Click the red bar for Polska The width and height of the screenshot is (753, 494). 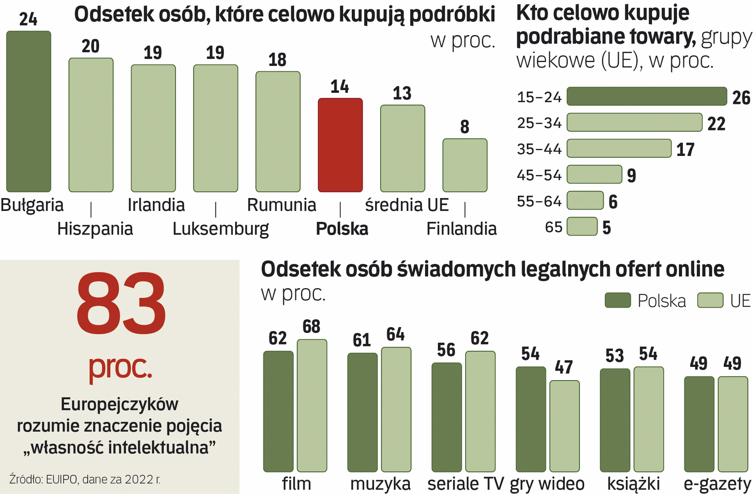click(x=340, y=145)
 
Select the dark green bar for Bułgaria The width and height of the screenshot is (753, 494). click(x=28, y=112)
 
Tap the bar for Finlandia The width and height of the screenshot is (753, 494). click(x=464, y=165)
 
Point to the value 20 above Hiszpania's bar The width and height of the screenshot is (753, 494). click(x=91, y=46)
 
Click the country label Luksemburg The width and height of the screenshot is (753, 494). click(x=221, y=229)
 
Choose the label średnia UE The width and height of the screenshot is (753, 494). click(x=407, y=205)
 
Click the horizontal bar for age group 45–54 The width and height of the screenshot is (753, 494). click(x=594, y=175)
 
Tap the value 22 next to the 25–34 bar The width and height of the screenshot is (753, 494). click(x=716, y=124)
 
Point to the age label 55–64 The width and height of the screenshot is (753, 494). click(x=539, y=201)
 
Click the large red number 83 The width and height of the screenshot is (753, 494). click(x=121, y=304)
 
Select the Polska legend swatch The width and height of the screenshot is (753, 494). click(x=618, y=301)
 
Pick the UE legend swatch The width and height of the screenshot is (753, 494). click(x=710, y=301)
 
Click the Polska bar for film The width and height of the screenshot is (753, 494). click(x=278, y=411)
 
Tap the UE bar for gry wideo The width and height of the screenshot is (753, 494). click(x=564, y=426)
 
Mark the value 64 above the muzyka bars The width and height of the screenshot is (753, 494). click(x=395, y=334)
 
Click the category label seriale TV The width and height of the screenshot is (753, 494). click(x=465, y=483)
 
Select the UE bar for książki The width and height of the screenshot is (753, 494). click(x=648, y=419)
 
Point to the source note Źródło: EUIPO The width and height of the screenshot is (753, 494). click(x=85, y=479)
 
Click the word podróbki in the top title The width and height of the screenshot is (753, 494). click(x=452, y=15)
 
